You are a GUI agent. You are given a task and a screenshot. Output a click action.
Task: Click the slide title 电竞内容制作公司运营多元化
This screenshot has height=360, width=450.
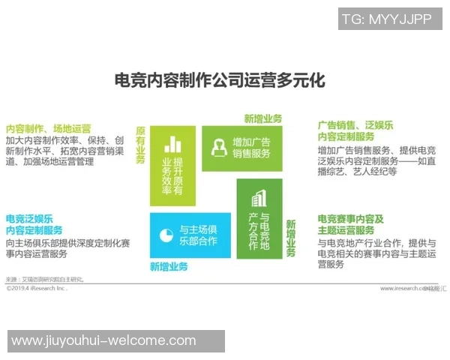(219, 79)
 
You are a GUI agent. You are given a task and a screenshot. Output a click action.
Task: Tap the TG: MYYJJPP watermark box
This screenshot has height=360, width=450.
(387, 19)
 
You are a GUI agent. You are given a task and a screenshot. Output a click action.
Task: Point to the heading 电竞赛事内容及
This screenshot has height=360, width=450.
(350, 219)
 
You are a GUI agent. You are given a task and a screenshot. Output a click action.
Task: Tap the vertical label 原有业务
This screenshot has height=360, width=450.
(140, 145)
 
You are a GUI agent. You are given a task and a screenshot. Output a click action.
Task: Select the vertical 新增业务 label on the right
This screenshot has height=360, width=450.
(290, 238)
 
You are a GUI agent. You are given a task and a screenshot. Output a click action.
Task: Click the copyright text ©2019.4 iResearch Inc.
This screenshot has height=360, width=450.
(37, 287)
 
